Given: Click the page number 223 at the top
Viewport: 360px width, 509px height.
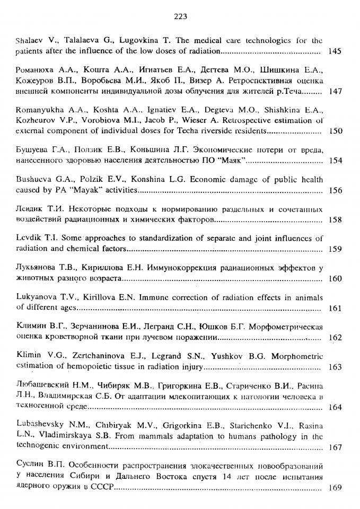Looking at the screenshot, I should pyautogui.click(x=180, y=16).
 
